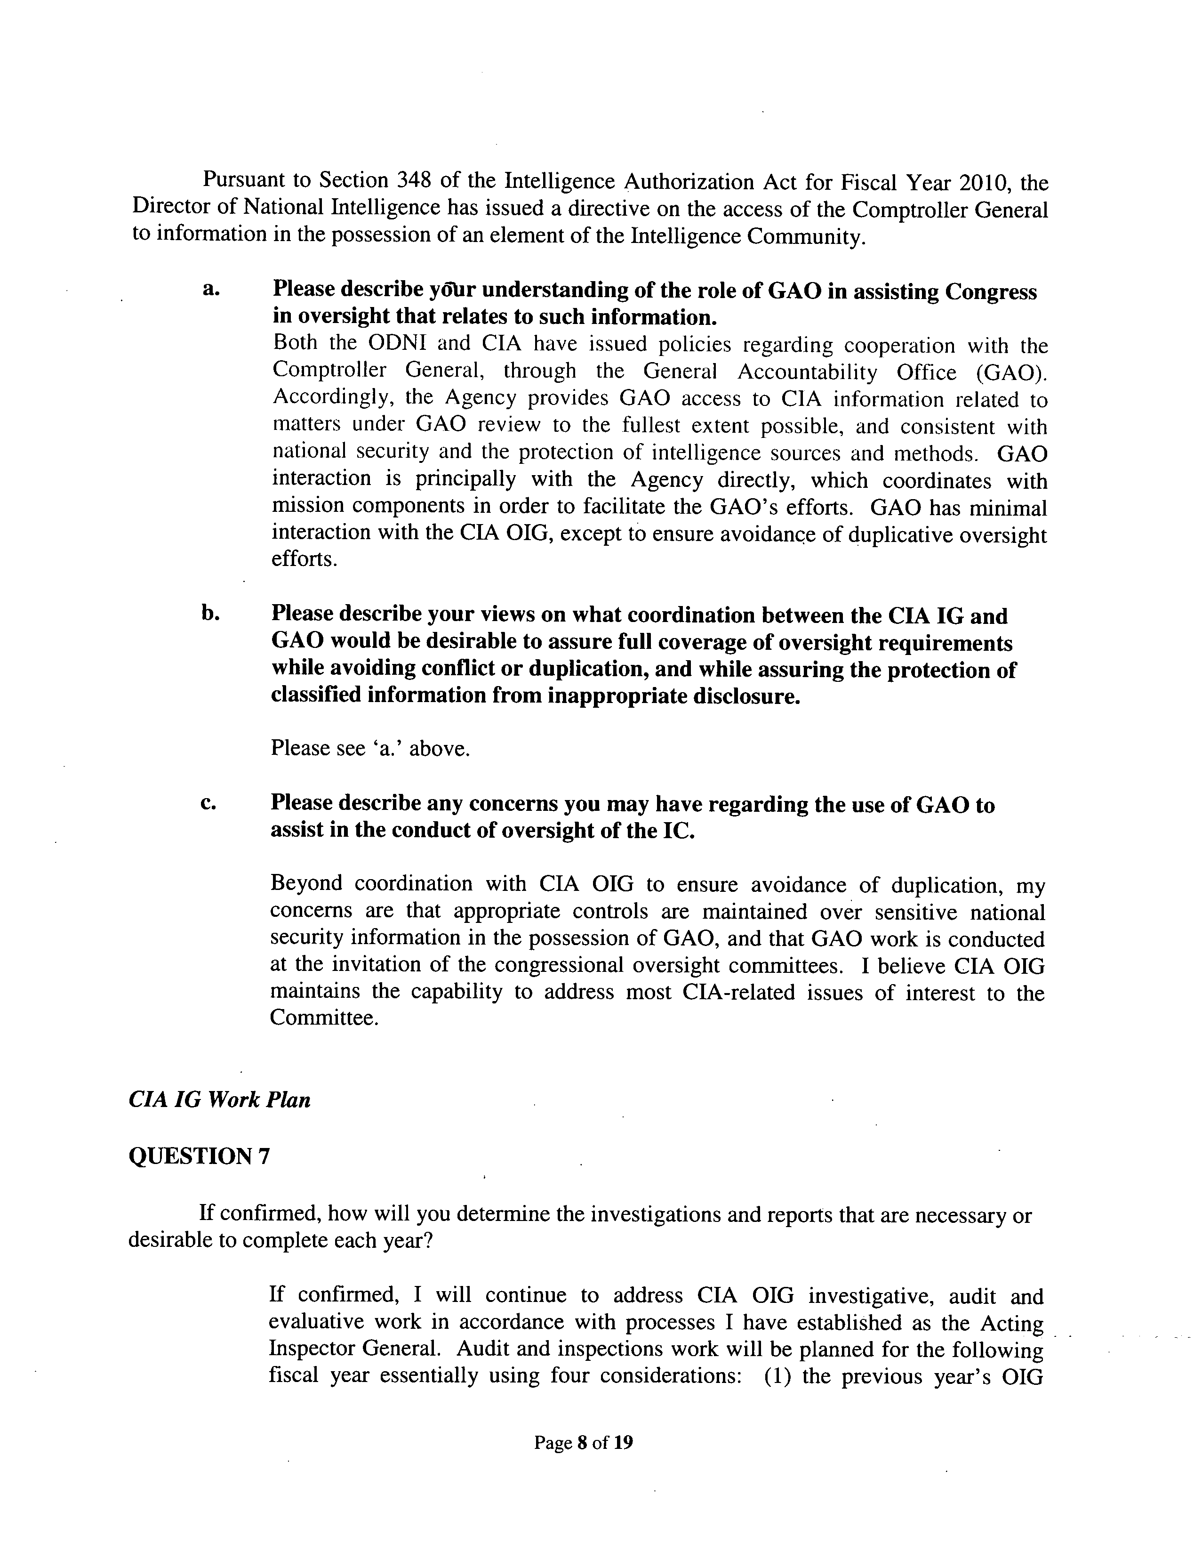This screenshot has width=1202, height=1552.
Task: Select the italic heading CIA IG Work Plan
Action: [219, 1100]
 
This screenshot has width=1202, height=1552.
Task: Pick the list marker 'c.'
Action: [208, 802]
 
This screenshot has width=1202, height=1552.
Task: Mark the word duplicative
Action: [900, 533]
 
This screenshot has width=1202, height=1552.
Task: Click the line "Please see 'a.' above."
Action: [370, 748]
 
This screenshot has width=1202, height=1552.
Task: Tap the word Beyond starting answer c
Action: [306, 883]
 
